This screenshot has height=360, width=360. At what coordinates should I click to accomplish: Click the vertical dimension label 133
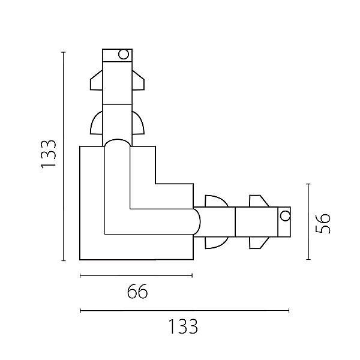tap(49, 154)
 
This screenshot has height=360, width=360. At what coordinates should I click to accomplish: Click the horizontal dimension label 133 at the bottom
tap(183, 326)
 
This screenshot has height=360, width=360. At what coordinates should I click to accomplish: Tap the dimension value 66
tap(137, 291)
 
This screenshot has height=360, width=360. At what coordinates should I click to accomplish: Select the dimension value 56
tap(323, 223)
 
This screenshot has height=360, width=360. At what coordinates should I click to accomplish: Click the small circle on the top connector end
tap(124, 55)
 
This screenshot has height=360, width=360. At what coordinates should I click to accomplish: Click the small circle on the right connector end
tap(286, 216)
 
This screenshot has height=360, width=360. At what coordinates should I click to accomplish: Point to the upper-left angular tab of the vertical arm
tap(96, 80)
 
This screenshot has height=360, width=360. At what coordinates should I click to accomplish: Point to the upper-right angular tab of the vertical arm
tap(138, 80)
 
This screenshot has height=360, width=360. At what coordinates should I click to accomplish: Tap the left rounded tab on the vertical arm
tap(97, 123)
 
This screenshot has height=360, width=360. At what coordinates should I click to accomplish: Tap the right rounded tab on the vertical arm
tap(138, 123)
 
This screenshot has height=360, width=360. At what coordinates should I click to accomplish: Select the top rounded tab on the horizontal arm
tap(217, 201)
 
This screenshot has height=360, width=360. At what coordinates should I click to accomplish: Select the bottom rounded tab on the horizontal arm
tap(217, 242)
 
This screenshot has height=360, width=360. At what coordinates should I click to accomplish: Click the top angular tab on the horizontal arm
tap(259, 201)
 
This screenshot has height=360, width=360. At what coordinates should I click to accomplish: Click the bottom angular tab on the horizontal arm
tap(259, 242)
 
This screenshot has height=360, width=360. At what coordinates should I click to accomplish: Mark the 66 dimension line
tap(136, 275)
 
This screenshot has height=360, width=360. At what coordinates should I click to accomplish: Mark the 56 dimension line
tap(308, 221)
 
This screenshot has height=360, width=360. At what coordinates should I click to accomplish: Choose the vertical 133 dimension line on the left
tap(64, 157)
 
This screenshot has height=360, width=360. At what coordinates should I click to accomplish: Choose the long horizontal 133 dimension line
tap(184, 311)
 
